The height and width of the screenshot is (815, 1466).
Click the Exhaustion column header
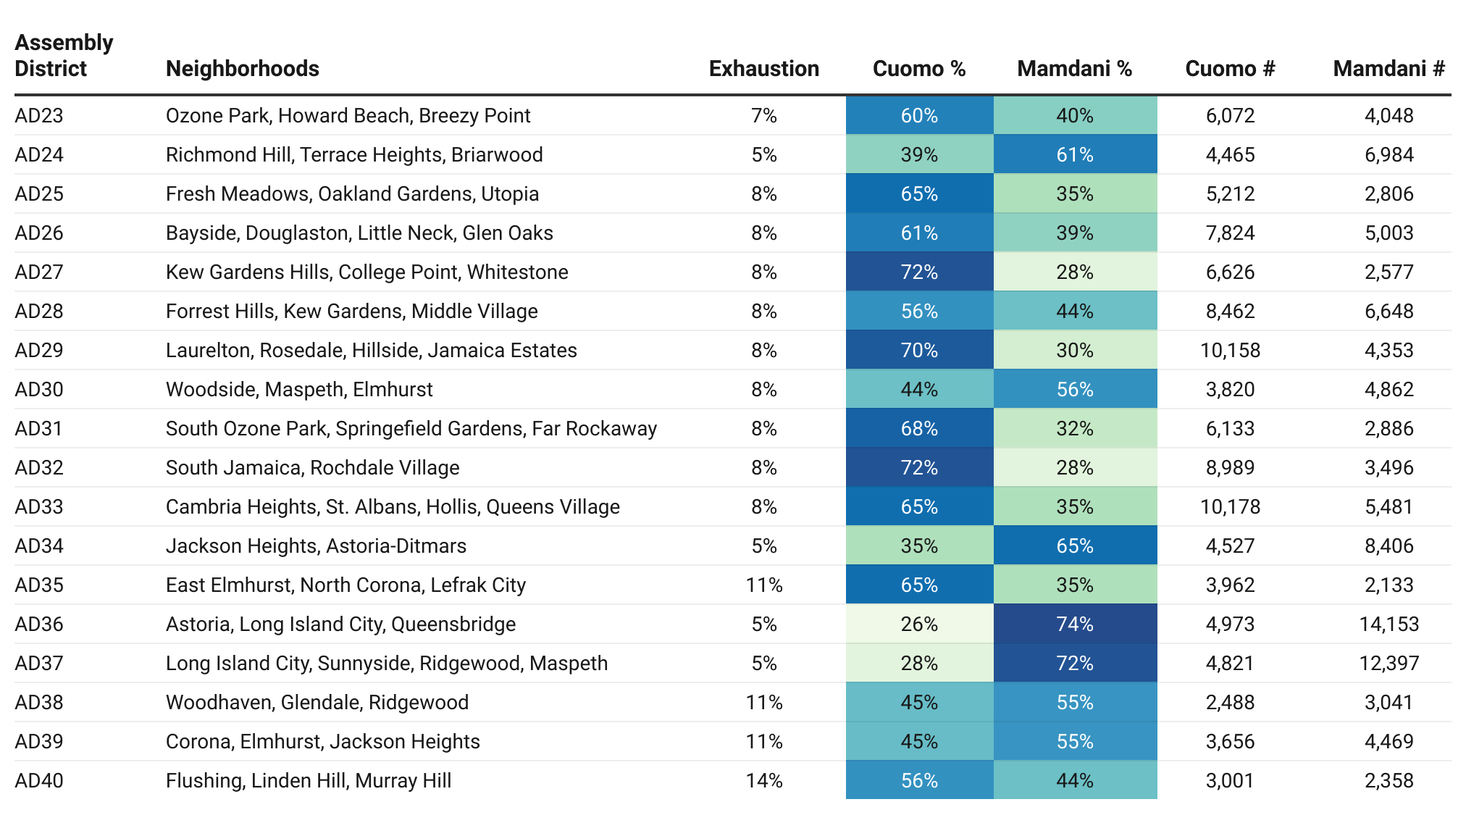tap(764, 69)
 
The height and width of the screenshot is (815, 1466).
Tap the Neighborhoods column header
tap(243, 69)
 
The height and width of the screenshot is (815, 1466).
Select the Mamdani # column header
tap(1388, 69)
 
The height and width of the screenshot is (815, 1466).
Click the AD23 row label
tap(39, 116)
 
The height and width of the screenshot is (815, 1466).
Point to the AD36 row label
tap(39, 624)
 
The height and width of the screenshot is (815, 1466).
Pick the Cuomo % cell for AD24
tap(920, 154)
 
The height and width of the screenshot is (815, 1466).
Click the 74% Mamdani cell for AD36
tap(1076, 624)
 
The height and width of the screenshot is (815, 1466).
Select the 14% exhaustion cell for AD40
tap(764, 781)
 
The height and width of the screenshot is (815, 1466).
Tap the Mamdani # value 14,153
tap(1389, 624)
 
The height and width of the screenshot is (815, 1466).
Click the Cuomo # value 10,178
tap(1231, 507)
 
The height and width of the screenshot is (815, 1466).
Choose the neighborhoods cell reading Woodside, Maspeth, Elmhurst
tap(299, 390)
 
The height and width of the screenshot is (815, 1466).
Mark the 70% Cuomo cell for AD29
tap(920, 350)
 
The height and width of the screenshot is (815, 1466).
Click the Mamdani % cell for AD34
tap(1076, 546)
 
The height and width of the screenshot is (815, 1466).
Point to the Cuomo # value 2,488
tap(1231, 703)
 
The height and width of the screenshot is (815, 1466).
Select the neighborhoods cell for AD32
tap(313, 468)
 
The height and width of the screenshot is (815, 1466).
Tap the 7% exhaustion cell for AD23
tap(764, 116)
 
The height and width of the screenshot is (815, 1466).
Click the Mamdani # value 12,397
tap(1389, 664)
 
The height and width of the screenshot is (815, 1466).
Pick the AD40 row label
tap(39, 781)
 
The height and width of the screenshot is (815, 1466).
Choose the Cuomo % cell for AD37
tap(920, 663)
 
